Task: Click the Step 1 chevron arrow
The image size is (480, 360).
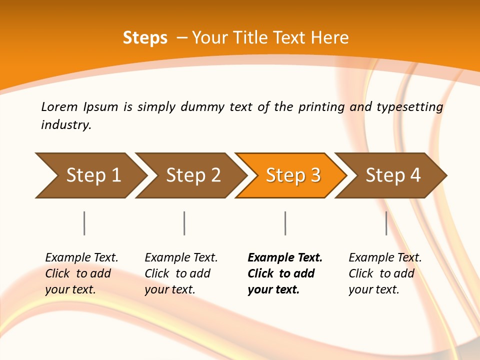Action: pos(90,175)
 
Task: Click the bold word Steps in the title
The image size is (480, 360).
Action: pos(145,38)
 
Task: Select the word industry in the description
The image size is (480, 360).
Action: pos(66,125)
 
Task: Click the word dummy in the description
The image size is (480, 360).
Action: pos(202,107)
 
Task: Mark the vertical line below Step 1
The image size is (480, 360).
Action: pos(84,223)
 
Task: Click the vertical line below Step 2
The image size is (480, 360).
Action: pos(184,223)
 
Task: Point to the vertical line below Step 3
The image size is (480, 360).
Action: pos(285,223)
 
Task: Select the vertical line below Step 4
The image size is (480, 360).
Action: pos(386,223)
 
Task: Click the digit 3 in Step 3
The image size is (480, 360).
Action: pos(315,175)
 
